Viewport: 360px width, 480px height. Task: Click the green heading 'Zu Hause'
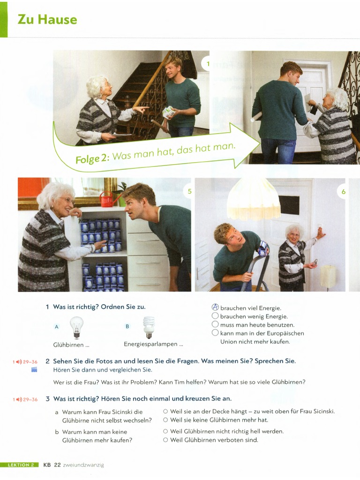point(47,19)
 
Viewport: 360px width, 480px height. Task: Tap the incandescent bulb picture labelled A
point(76,327)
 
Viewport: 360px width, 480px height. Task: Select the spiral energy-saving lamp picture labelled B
point(149,327)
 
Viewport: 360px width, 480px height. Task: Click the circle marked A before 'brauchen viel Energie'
point(216,307)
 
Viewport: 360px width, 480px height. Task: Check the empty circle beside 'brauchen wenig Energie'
point(215,316)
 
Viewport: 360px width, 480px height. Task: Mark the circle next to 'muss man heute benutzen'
point(215,324)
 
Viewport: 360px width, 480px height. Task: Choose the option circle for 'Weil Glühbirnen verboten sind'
point(165,440)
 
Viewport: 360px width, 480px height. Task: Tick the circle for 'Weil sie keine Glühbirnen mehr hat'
point(165,420)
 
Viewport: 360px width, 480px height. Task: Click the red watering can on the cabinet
point(108,199)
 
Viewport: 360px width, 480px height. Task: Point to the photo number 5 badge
point(189,191)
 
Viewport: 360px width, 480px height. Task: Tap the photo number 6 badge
point(344,192)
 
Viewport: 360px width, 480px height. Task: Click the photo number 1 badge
point(207,64)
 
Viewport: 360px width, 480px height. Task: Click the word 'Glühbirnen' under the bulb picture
point(68,345)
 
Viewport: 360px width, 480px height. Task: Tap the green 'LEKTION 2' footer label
point(21,465)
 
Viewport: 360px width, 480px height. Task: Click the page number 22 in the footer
point(57,465)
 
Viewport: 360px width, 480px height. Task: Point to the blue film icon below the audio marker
point(34,370)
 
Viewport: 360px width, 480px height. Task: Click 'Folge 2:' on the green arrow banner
point(93,158)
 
